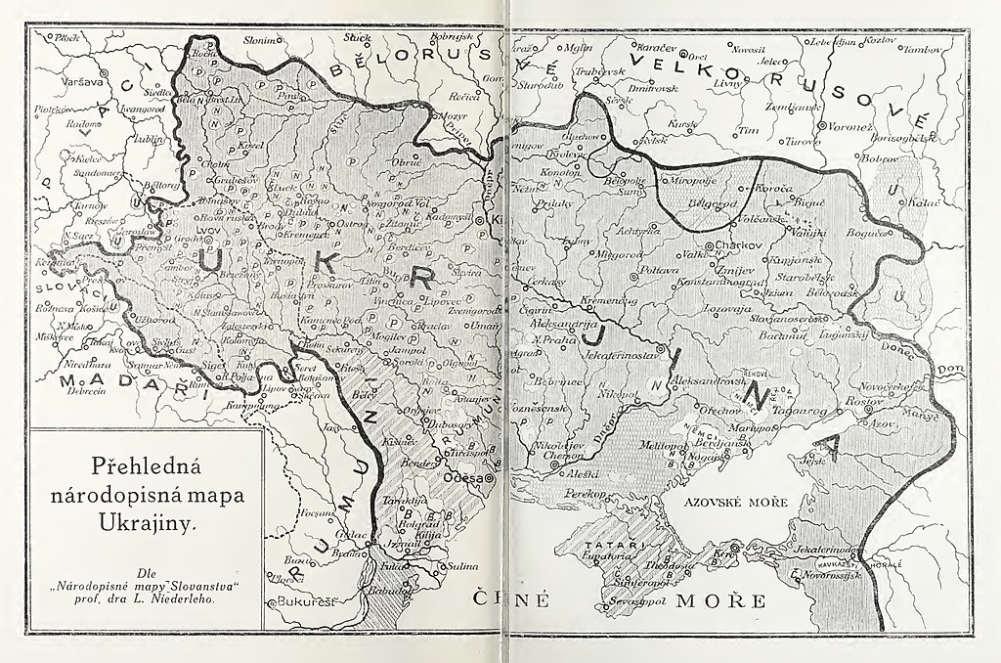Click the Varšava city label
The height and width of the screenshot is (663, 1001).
tap(57, 82)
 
